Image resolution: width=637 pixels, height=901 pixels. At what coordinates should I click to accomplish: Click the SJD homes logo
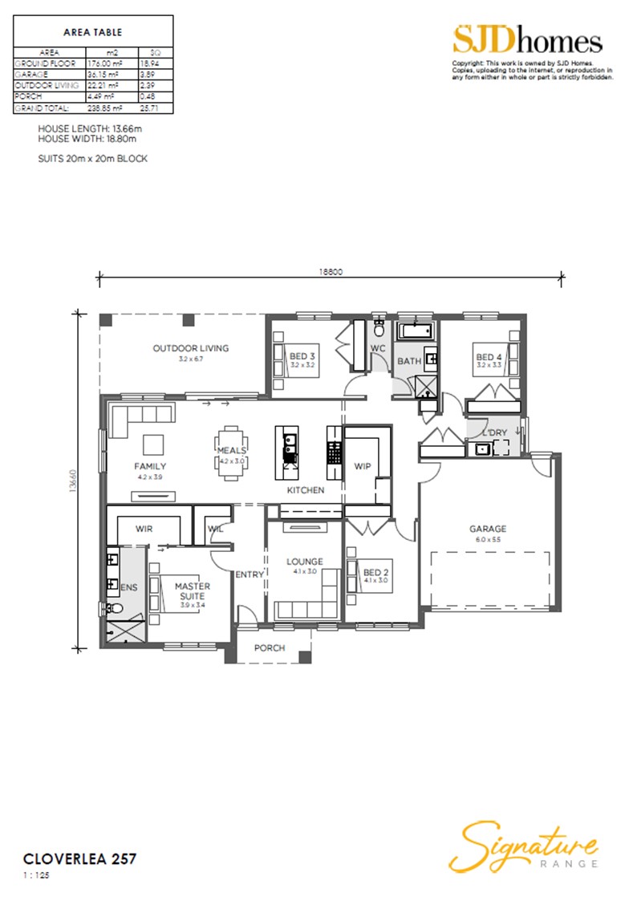click(527, 40)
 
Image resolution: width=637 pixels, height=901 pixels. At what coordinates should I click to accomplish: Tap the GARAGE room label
click(488, 529)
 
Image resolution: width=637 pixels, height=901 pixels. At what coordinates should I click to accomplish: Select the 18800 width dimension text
click(331, 272)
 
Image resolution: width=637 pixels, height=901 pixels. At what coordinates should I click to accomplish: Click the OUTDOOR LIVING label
click(191, 348)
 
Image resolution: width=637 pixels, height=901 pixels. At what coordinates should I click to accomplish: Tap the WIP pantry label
click(363, 466)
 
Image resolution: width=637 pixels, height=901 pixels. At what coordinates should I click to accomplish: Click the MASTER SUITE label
click(193, 591)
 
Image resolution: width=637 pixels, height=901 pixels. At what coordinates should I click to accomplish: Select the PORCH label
click(270, 647)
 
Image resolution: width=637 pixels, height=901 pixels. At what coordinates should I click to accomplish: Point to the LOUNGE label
click(305, 562)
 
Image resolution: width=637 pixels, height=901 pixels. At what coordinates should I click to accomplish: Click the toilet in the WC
click(379, 329)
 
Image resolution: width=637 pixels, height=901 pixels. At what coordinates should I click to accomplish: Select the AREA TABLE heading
click(92, 33)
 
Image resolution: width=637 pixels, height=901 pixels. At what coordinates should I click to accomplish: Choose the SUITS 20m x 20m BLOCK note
click(92, 158)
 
